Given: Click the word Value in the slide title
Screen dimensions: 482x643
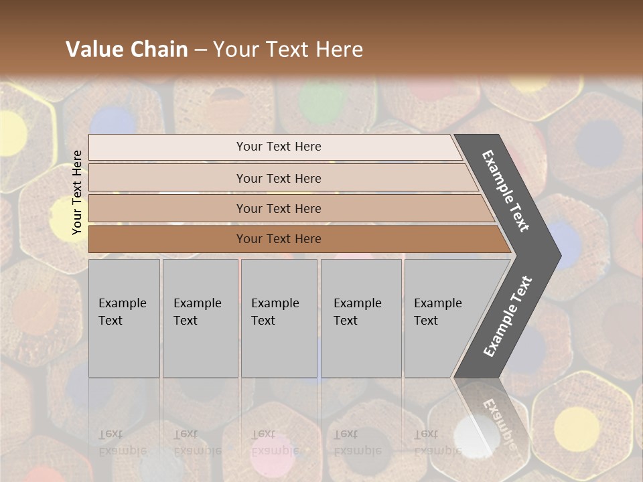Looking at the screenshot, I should point(93,50).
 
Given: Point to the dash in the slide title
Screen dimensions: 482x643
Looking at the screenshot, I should point(200,50).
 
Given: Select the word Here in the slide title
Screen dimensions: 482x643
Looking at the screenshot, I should point(339,50).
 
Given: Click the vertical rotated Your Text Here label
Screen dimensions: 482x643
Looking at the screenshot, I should point(77,192).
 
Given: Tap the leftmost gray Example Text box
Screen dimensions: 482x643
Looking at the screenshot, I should point(124,318).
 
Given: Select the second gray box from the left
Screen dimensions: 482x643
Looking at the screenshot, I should point(200,318).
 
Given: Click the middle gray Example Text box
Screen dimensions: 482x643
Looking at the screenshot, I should point(279,318).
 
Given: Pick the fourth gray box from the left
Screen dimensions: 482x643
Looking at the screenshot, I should point(360,318).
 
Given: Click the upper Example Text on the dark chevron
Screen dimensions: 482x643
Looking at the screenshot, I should point(506,191).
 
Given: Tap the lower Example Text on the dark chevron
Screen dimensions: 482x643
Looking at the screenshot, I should point(507,317).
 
